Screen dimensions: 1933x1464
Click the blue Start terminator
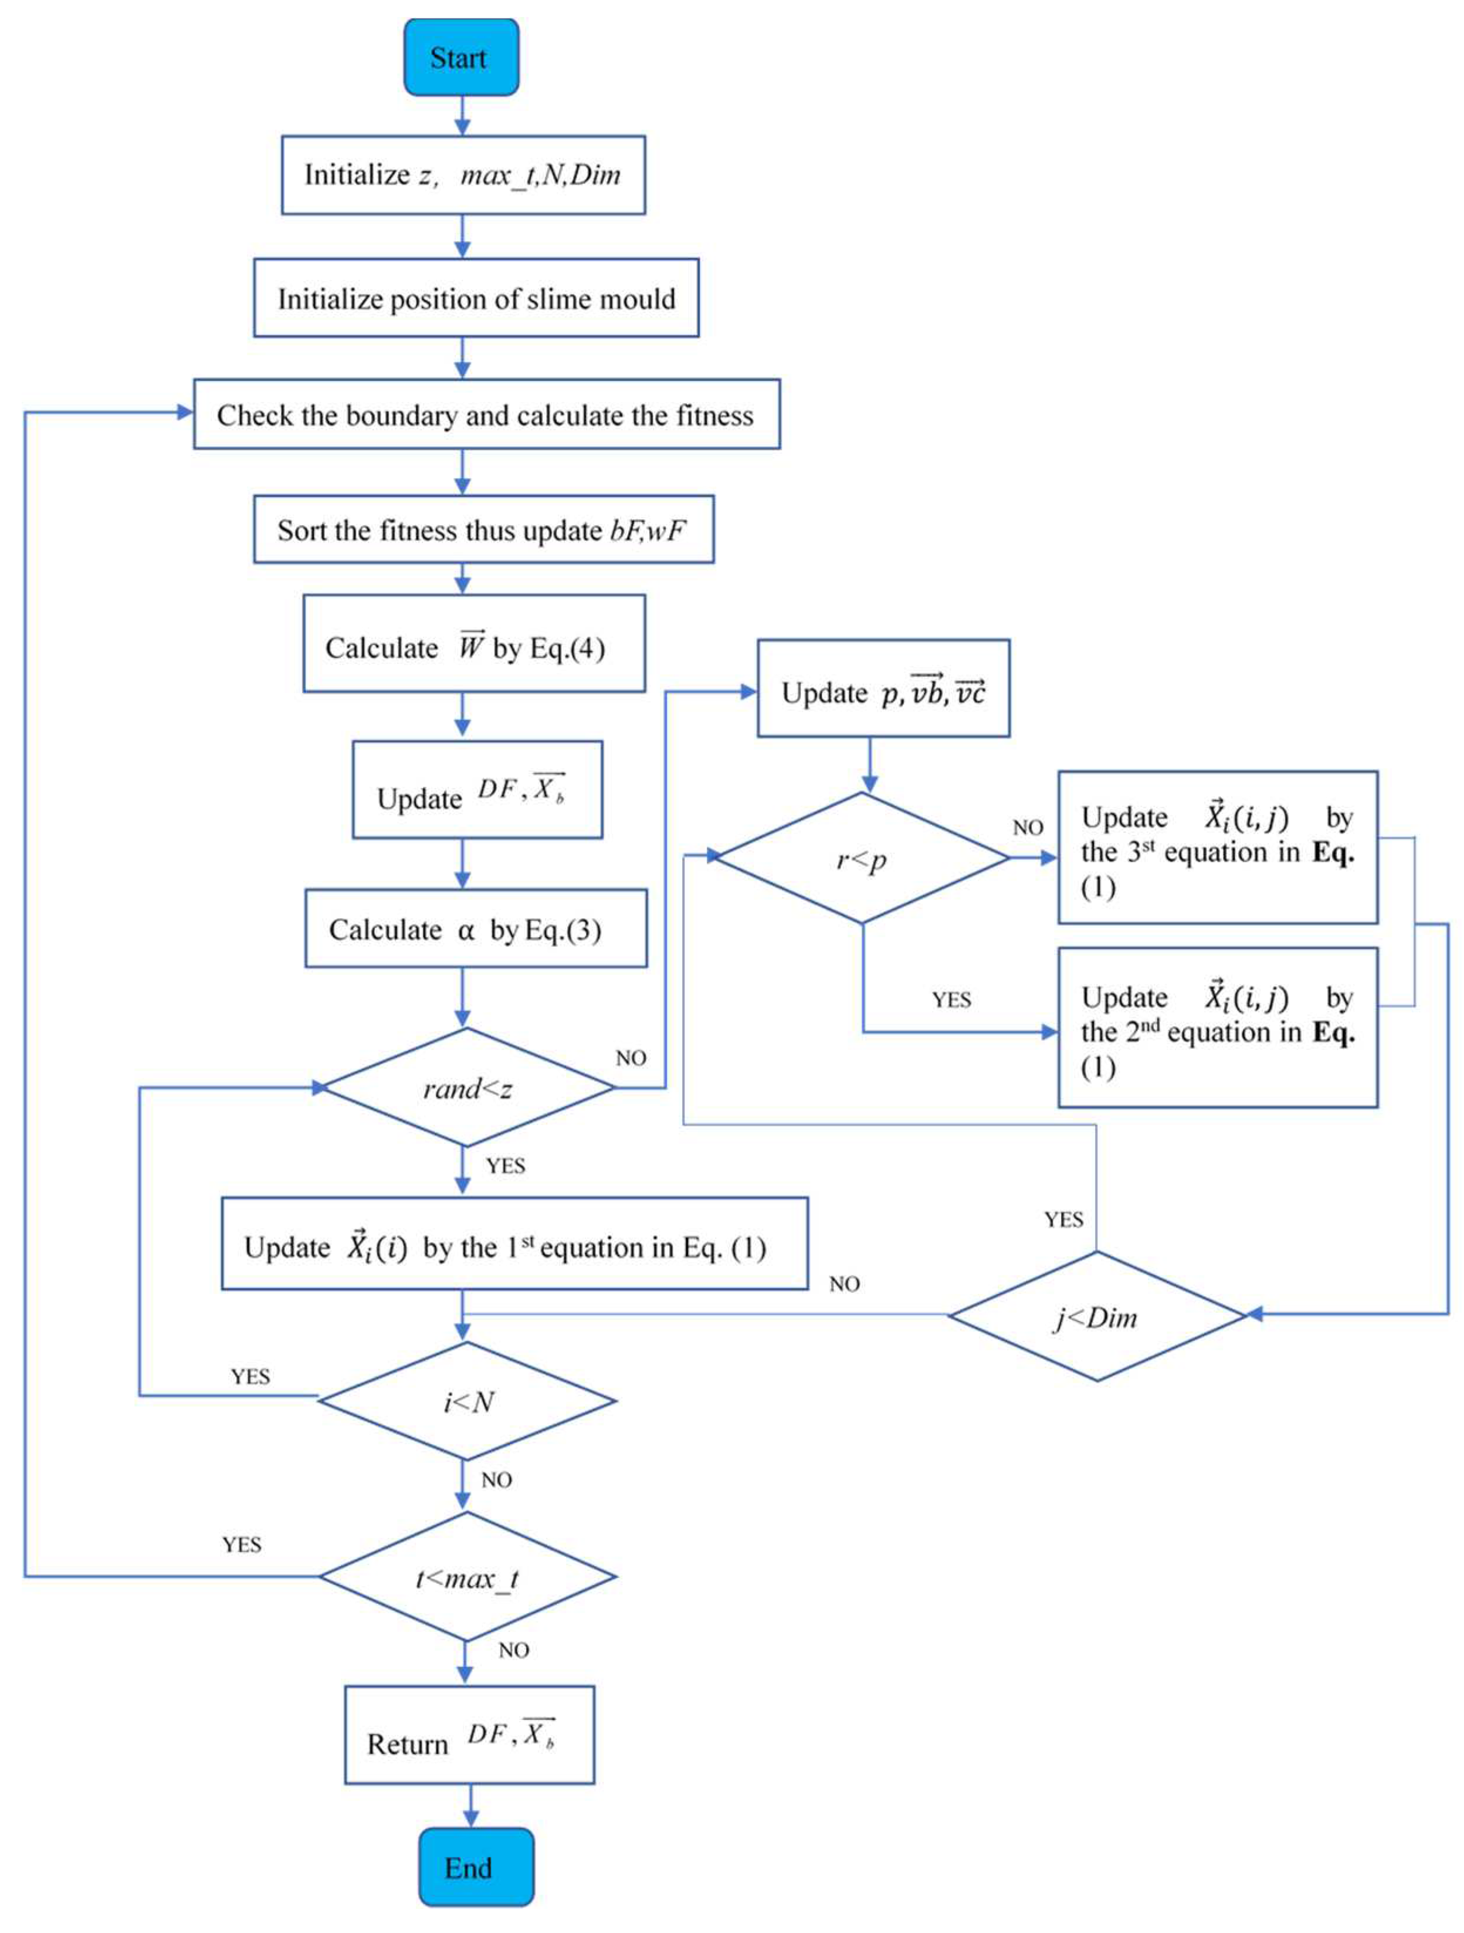tap(460, 57)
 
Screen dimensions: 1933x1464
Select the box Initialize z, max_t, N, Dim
tap(463, 175)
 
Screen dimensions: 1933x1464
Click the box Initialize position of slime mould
tap(476, 298)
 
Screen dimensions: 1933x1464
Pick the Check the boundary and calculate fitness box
tap(486, 414)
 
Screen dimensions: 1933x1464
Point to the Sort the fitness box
tap(483, 530)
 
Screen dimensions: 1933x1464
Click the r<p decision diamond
tap(861, 858)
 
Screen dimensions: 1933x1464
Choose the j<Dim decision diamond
tap(1096, 1316)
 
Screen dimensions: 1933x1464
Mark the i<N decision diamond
tap(467, 1401)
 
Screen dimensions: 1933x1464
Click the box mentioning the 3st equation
tap(1217, 847)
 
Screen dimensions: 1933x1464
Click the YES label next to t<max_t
tap(241, 1544)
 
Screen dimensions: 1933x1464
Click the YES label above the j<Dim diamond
tap(1063, 1220)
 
